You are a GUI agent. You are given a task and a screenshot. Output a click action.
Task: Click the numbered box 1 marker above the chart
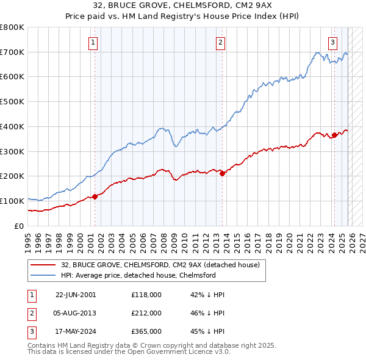tap(93, 42)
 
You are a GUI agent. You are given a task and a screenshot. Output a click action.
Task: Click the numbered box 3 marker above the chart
tap(332, 42)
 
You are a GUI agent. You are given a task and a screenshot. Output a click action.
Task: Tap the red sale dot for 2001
tap(95, 196)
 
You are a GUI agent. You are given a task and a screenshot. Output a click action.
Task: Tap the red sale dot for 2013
tap(222, 173)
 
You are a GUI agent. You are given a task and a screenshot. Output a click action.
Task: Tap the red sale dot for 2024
tap(334, 135)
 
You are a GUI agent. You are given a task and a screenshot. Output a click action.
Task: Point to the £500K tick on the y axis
tap(12, 102)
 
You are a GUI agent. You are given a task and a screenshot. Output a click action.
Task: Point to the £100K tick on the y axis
tap(12, 201)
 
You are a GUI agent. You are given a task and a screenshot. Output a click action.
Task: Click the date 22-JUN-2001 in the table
tap(76, 295)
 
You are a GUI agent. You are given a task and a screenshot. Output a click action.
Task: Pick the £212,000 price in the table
tap(146, 313)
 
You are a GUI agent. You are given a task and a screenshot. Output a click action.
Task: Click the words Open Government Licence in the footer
tap(171, 352)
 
